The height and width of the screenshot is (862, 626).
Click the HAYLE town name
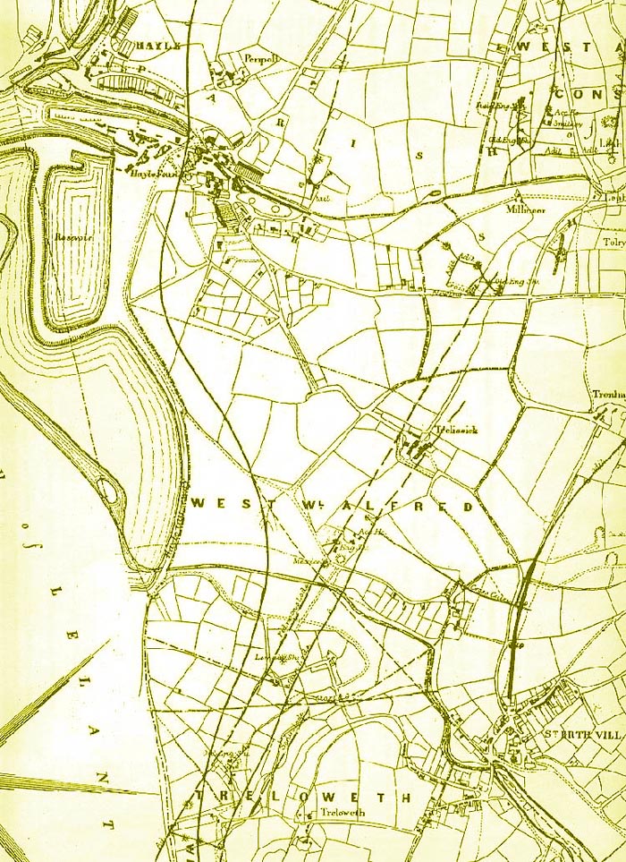pyautogui.click(x=159, y=46)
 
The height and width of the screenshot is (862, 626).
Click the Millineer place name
pyautogui.click(x=524, y=206)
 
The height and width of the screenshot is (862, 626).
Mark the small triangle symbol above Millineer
pyautogui.click(x=518, y=192)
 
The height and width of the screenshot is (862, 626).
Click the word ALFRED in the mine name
pyautogui.click(x=433, y=507)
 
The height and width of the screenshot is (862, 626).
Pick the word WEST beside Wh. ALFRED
pyautogui.click(x=220, y=503)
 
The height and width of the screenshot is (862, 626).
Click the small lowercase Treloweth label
pyautogui.click(x=339, y=814)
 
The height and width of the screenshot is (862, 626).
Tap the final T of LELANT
pyautogui.click(x=110, y=821)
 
